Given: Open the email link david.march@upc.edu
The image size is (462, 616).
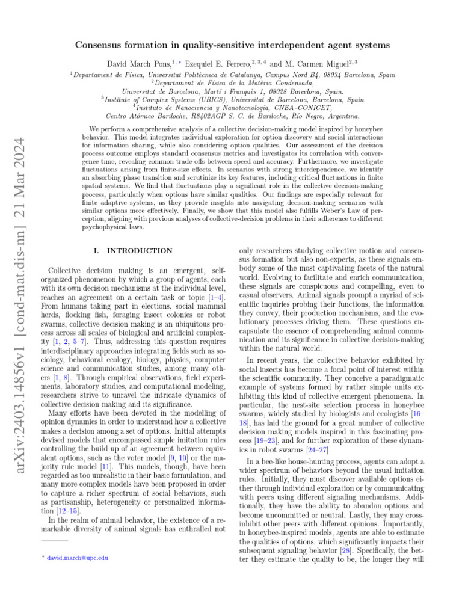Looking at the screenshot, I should tap(81, 558).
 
